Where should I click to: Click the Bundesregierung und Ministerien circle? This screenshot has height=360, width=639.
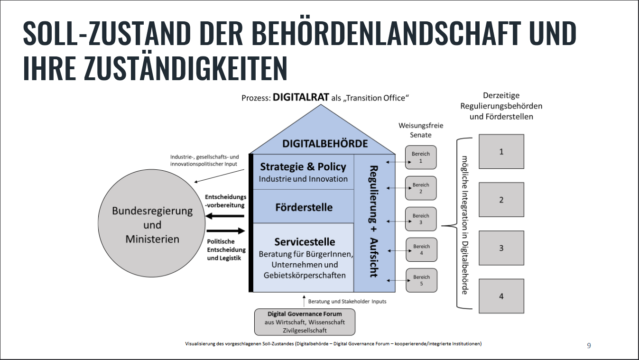click(152, 225)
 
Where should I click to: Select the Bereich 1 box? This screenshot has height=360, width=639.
click(421, 157)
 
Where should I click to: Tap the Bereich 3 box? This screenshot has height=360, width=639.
click(421, 219)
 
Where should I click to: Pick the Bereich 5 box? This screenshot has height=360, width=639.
click(421, 280)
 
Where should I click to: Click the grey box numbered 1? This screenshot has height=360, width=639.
click(501, 152)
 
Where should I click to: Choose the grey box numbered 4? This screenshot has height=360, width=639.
click(501, 296)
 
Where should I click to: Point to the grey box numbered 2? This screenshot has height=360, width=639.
click(501, 200)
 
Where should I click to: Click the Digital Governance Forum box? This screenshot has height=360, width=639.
click(305, 322)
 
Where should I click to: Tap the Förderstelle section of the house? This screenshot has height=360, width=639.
click(304, 207)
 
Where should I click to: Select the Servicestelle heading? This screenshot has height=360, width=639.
click(305, 242)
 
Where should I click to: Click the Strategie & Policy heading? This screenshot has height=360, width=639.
click(303, 167)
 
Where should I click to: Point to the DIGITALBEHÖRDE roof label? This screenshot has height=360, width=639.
click(325, 143)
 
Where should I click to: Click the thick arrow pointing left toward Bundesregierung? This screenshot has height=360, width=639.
click(225, 216)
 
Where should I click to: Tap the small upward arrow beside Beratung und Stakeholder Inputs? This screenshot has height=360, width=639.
click(304, 301)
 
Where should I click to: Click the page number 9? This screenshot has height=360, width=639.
click(589, 345)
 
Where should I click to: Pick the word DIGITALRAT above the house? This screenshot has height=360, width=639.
click(301, 97)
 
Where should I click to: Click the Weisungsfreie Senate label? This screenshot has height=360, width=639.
click(415, 130)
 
